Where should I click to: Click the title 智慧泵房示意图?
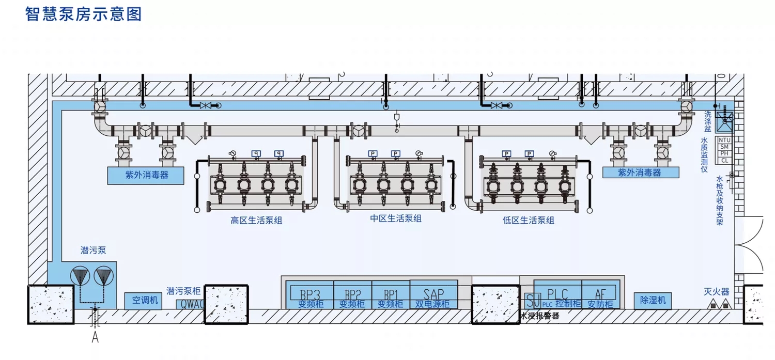pyautogui.click(x=83, y=14)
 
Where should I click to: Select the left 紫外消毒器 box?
pyautogui.click(x=146, y=175)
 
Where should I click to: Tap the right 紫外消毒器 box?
pyautogui.click(x=640, y=173)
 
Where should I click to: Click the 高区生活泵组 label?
pyautogui.click(x=256, y=221)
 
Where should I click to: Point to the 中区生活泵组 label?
pyautogui.click(x=396, y=218)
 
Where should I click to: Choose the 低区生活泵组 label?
pyautogui.click(x=528, y=221)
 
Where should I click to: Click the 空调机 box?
pyautogui.click(x=143, y=300)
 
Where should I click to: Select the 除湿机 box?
pyautogui.click(x=653, y=300)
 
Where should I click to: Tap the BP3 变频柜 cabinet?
pyautogui.click(x=311, y=295)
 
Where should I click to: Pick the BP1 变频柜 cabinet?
pyautogui.click(x=391, y=295)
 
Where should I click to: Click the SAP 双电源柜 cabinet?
pyautogui.click(x=433, y=295)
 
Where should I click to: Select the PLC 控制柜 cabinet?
pyautogui.click(x=557, y=295)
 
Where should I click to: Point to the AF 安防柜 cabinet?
pyautogui.click(x=599, y=295)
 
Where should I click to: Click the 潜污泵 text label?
pyautogui.click(x=93, y=251)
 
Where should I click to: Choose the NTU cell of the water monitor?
pyautogui.click(x=724, y=140)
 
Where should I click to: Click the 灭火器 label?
pyautogui.click(x=716, y=291)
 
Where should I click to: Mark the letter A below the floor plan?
pyautogui.click(x=95, y=338)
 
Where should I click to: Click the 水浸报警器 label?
pyautogui.click(x=540, y=316)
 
